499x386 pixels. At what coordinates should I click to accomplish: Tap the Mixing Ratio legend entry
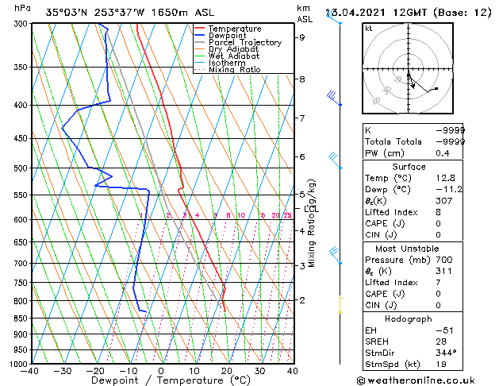point(235,70)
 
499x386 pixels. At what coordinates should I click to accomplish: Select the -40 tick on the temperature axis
point(31,371)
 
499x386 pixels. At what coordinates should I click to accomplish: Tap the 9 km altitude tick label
point(301,37)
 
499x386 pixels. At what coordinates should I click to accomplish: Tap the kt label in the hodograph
point(369,28)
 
